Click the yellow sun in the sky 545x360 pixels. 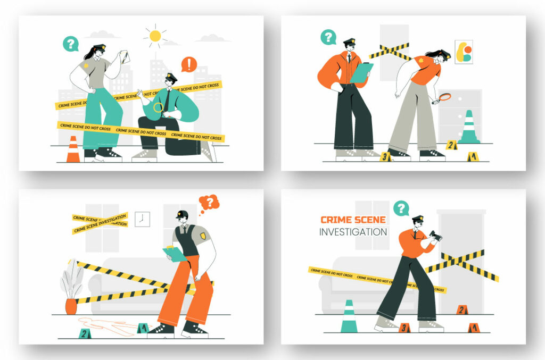point(155,36)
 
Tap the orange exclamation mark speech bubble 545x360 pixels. point(189,64)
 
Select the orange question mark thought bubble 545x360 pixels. point(209,202)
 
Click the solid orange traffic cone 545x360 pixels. point(73,149)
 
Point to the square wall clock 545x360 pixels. point(142,219)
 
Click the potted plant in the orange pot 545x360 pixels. point(71,290)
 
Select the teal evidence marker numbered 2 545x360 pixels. point(84,333)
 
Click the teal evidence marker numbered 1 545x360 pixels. point(142,328)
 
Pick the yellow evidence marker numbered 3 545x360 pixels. point(385,156)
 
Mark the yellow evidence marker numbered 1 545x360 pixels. point(472,156)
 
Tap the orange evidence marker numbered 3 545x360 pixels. point(404,328)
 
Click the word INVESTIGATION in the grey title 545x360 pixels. point(353,232)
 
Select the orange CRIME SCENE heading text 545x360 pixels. point(353,220)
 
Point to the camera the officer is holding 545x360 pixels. point(435,236)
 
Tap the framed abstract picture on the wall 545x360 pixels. point(464,52)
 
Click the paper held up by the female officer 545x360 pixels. point(124,57)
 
